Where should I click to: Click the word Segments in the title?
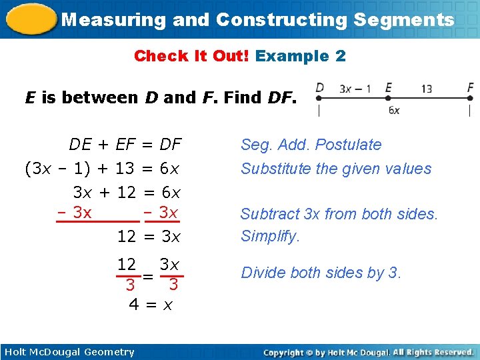tap(403, 19)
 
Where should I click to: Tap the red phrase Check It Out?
tap(191, 56)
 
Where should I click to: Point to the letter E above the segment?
tap(388, 87)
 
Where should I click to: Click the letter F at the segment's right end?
tap(471, 87)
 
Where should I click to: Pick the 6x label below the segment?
tap(394, 110)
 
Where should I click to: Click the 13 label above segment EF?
tap(427, 87)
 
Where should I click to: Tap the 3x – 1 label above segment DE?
tap(355, 87)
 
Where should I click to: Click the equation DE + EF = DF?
tap(125, 145)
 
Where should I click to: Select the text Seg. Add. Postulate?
tap(311, 145)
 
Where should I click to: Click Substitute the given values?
tap(336, 169)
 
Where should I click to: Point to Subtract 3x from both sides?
tap(339, 214)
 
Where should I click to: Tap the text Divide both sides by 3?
tap(321, 273)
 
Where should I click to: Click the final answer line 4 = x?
tap(151, 305)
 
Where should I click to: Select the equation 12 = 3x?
tap(148, 236)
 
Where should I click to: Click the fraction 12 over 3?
tap(128, 275)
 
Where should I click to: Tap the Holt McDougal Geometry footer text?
tap(69, 352)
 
